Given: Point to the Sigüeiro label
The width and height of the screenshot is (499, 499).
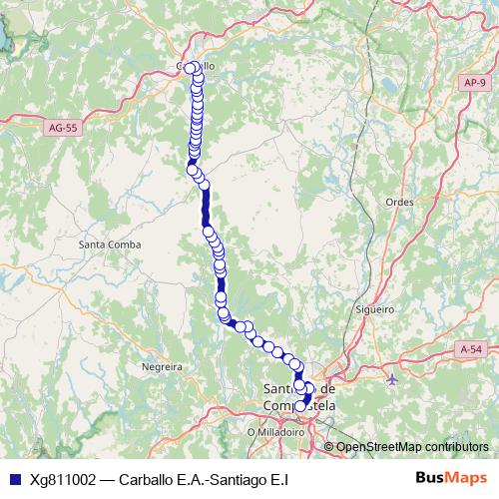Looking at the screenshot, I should [375, 309].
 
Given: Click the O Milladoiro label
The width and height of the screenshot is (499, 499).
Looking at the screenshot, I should [276, 433].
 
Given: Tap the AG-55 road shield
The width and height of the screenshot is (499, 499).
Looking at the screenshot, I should [63, 129].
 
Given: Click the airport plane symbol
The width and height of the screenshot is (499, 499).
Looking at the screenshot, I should [391, 378].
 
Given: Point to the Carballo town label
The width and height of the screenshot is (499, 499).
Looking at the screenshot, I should [196, 67].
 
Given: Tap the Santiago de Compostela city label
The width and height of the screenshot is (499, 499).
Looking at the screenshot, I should [299, 396].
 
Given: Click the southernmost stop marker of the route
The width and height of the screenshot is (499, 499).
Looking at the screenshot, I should [300, 406].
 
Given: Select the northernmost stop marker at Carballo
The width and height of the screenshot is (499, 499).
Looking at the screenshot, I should [190, 69].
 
